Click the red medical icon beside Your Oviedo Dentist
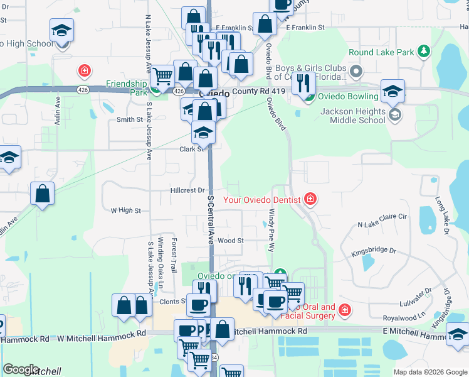click(310, 200)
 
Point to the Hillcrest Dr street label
click(187, 190)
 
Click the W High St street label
click(125, 210)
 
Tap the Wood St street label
click(230, 241)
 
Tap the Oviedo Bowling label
click(348, 96)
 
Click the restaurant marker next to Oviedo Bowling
click(303, 82)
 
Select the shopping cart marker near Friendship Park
click(163, 76)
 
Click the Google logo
click(21, 369)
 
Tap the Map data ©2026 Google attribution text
click(429, 372)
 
